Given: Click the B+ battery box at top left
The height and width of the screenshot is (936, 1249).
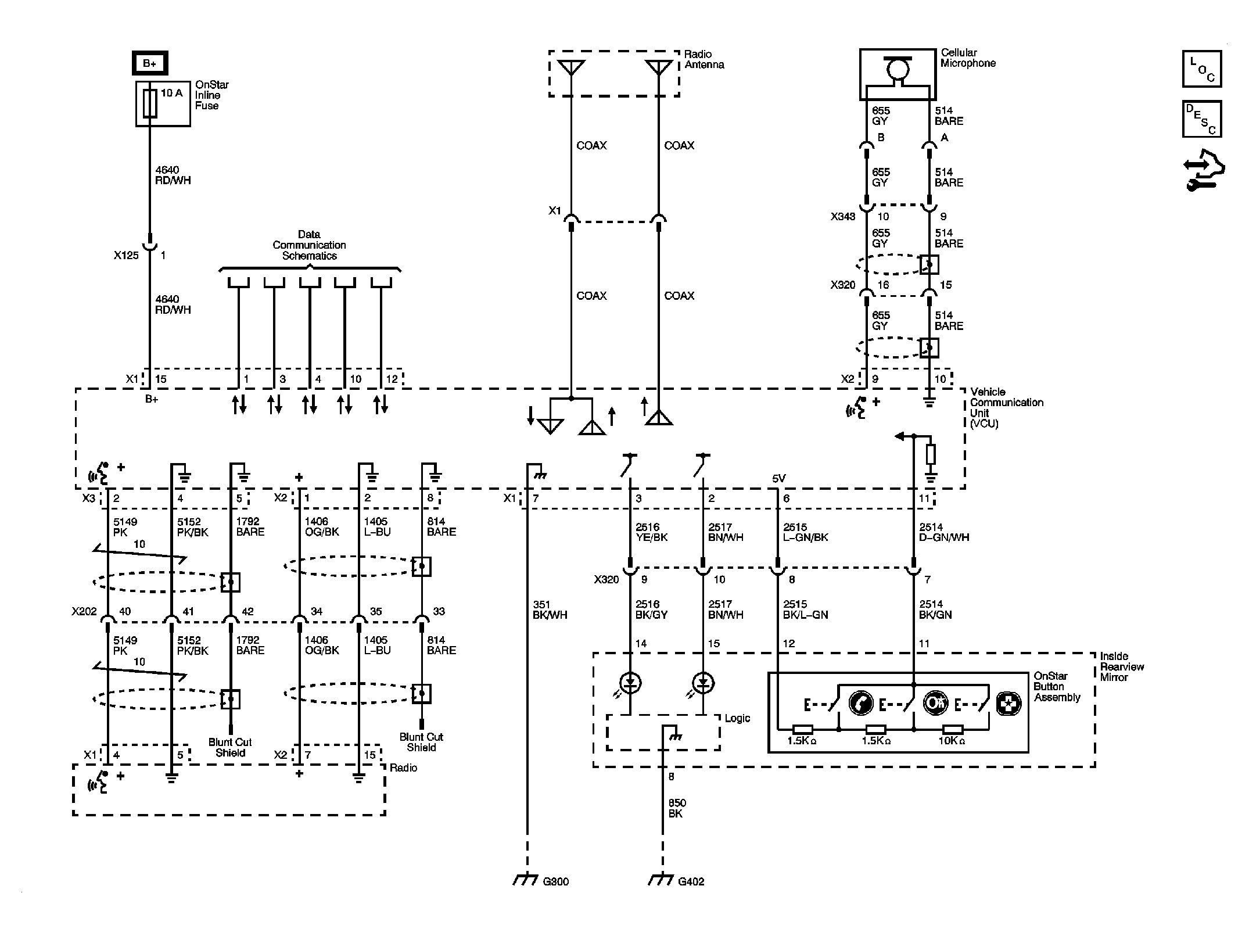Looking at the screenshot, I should (150, 63).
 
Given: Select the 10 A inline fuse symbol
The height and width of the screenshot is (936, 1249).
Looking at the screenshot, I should (150, 103).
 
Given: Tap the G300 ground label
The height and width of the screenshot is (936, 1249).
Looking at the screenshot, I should (555, 881).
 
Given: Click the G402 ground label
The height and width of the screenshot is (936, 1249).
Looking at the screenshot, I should (691, 881).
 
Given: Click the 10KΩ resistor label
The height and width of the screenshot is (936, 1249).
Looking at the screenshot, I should (951, 741).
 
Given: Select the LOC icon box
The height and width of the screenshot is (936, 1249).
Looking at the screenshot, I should (1201, 69).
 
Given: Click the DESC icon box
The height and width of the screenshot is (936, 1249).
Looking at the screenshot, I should (1201, 119).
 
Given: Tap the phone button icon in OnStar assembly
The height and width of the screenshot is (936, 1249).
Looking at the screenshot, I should (860, 703).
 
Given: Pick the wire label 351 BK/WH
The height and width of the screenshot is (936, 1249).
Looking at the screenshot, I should (550, 609).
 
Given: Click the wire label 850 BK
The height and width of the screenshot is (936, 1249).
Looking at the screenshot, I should (677, 808).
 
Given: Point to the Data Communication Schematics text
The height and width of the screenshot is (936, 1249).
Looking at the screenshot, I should (309, 245).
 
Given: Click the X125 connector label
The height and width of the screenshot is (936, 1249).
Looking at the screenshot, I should (126, 255).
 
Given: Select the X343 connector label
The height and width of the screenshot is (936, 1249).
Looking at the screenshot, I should (842, 217).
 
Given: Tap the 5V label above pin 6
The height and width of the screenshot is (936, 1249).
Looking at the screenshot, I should (778, 478).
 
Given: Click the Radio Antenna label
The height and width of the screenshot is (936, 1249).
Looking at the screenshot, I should (704, 59).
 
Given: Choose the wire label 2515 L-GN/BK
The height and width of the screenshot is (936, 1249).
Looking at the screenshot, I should (805, 532).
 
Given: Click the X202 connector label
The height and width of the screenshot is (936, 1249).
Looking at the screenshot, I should (84, 611).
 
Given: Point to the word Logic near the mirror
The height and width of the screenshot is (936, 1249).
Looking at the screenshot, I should (737, 718).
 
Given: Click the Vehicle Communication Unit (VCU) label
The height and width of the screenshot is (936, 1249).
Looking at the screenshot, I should (1006, 407).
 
